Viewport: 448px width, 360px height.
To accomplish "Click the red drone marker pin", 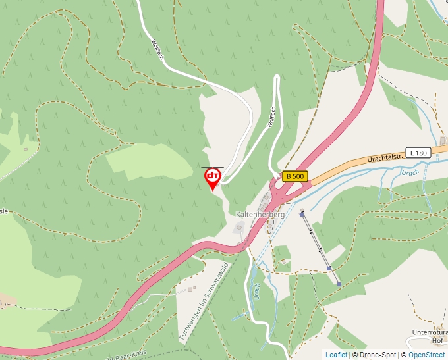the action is [x=213, y=178].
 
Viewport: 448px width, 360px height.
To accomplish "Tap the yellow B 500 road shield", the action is [x=295, y=176].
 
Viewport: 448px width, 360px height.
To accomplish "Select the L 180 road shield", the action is [x=418, y=153].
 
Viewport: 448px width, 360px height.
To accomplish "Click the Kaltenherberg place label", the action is [x=260, y=215].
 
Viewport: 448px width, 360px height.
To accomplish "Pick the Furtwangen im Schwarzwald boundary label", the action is [x=204, y=301].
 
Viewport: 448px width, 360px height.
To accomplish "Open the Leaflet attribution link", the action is [x=335, y=355].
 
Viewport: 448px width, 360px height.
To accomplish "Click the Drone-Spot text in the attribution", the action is [x=378, y=355].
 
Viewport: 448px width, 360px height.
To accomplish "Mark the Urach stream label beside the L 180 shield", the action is [x=410, y=173].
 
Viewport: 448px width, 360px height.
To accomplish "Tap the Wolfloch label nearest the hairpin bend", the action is [x=271, y=116].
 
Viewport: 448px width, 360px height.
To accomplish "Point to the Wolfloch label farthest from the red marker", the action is [x=157, y=51].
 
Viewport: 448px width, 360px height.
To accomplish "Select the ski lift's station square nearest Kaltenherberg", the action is [x=302, y=214].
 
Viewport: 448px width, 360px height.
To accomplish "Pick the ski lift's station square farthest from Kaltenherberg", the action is [x=339, y=284].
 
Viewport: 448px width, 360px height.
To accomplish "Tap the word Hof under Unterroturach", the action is [x=437, y=341].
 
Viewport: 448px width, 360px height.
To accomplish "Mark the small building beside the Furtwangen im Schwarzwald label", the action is [x=190, y=288].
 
